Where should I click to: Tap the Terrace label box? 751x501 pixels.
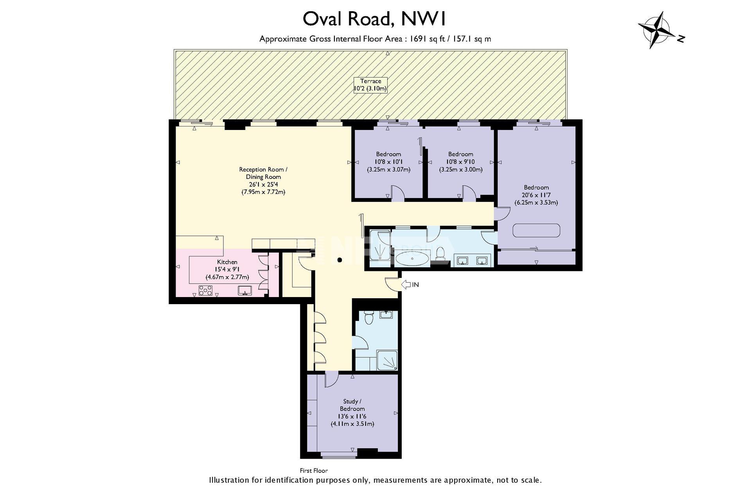click(370, 85)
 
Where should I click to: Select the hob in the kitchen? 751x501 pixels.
click(205, 290)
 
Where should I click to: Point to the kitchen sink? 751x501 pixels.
click(245, 290)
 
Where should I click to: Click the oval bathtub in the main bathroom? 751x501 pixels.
click(413, 259)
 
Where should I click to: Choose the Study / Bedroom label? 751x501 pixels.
click(352, 405)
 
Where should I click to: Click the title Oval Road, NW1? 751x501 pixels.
click(375, 19)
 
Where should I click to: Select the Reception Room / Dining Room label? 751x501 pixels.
click(263, 173)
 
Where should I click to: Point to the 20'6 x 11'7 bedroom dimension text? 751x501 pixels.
click(536, 195)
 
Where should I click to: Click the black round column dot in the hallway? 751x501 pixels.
click(340, 260)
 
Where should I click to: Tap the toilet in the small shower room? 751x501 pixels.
click(368, 318)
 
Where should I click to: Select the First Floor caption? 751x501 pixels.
click(314, 470)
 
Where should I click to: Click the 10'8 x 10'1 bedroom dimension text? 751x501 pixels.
click(388, 162)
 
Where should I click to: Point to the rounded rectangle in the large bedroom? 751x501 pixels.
click(536, 230)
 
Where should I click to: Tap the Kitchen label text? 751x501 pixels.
click(227, 262)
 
